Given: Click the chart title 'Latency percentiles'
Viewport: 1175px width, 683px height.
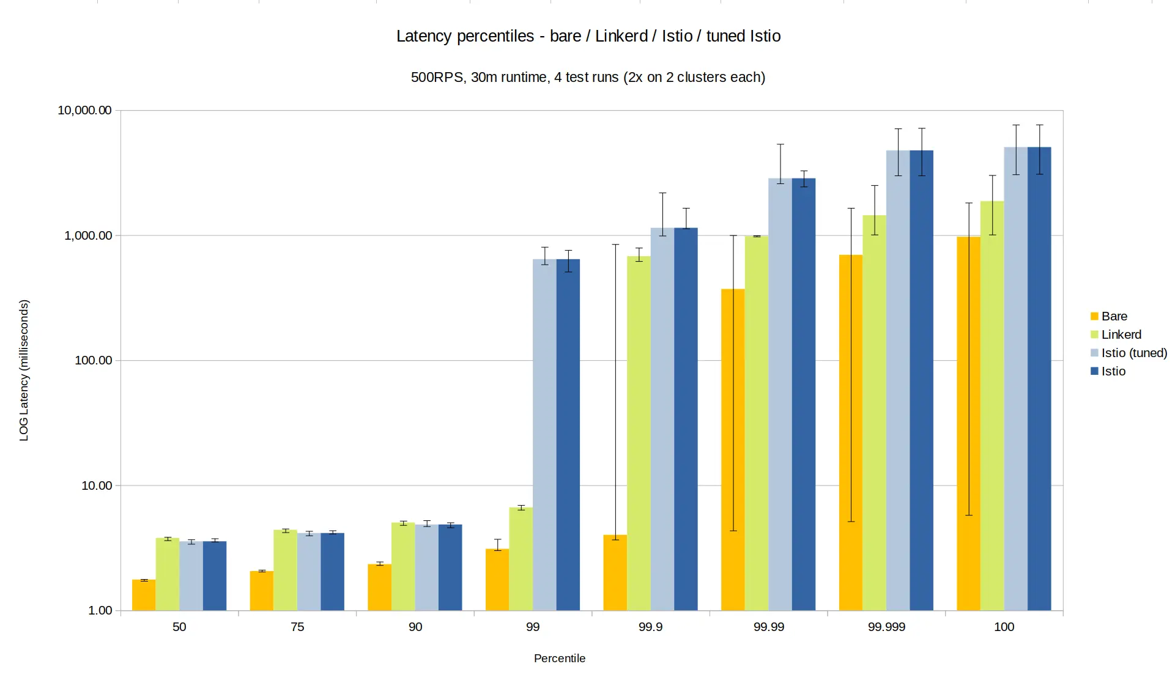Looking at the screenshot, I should (x=588, y=36).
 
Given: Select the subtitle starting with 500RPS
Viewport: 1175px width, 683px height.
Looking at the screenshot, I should (x=588, y=78).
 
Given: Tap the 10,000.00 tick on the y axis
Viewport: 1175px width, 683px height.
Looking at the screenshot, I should (x=84, y=111).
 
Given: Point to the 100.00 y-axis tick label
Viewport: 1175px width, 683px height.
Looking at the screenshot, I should (x=93, y=361).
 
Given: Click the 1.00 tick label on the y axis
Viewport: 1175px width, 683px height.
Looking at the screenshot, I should (x=100, y=611).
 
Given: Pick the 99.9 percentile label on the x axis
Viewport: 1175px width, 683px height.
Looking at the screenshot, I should (x=650, y=627).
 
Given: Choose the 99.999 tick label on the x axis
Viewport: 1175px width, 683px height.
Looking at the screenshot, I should (x=886, y=627).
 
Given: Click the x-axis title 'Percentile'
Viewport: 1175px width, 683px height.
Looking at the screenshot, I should (x=559, y=659).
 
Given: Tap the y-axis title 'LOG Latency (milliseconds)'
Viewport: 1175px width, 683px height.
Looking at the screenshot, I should (x=24, y=371).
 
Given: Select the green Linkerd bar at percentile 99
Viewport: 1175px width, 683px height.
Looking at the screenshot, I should (x=521, y=559).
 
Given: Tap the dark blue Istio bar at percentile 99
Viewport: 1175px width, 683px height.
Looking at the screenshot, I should (x=568, y=435).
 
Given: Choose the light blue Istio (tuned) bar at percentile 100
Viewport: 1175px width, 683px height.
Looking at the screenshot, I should (x=1015, y=379).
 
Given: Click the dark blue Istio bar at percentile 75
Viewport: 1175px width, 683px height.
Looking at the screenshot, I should (x=332, y=572).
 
